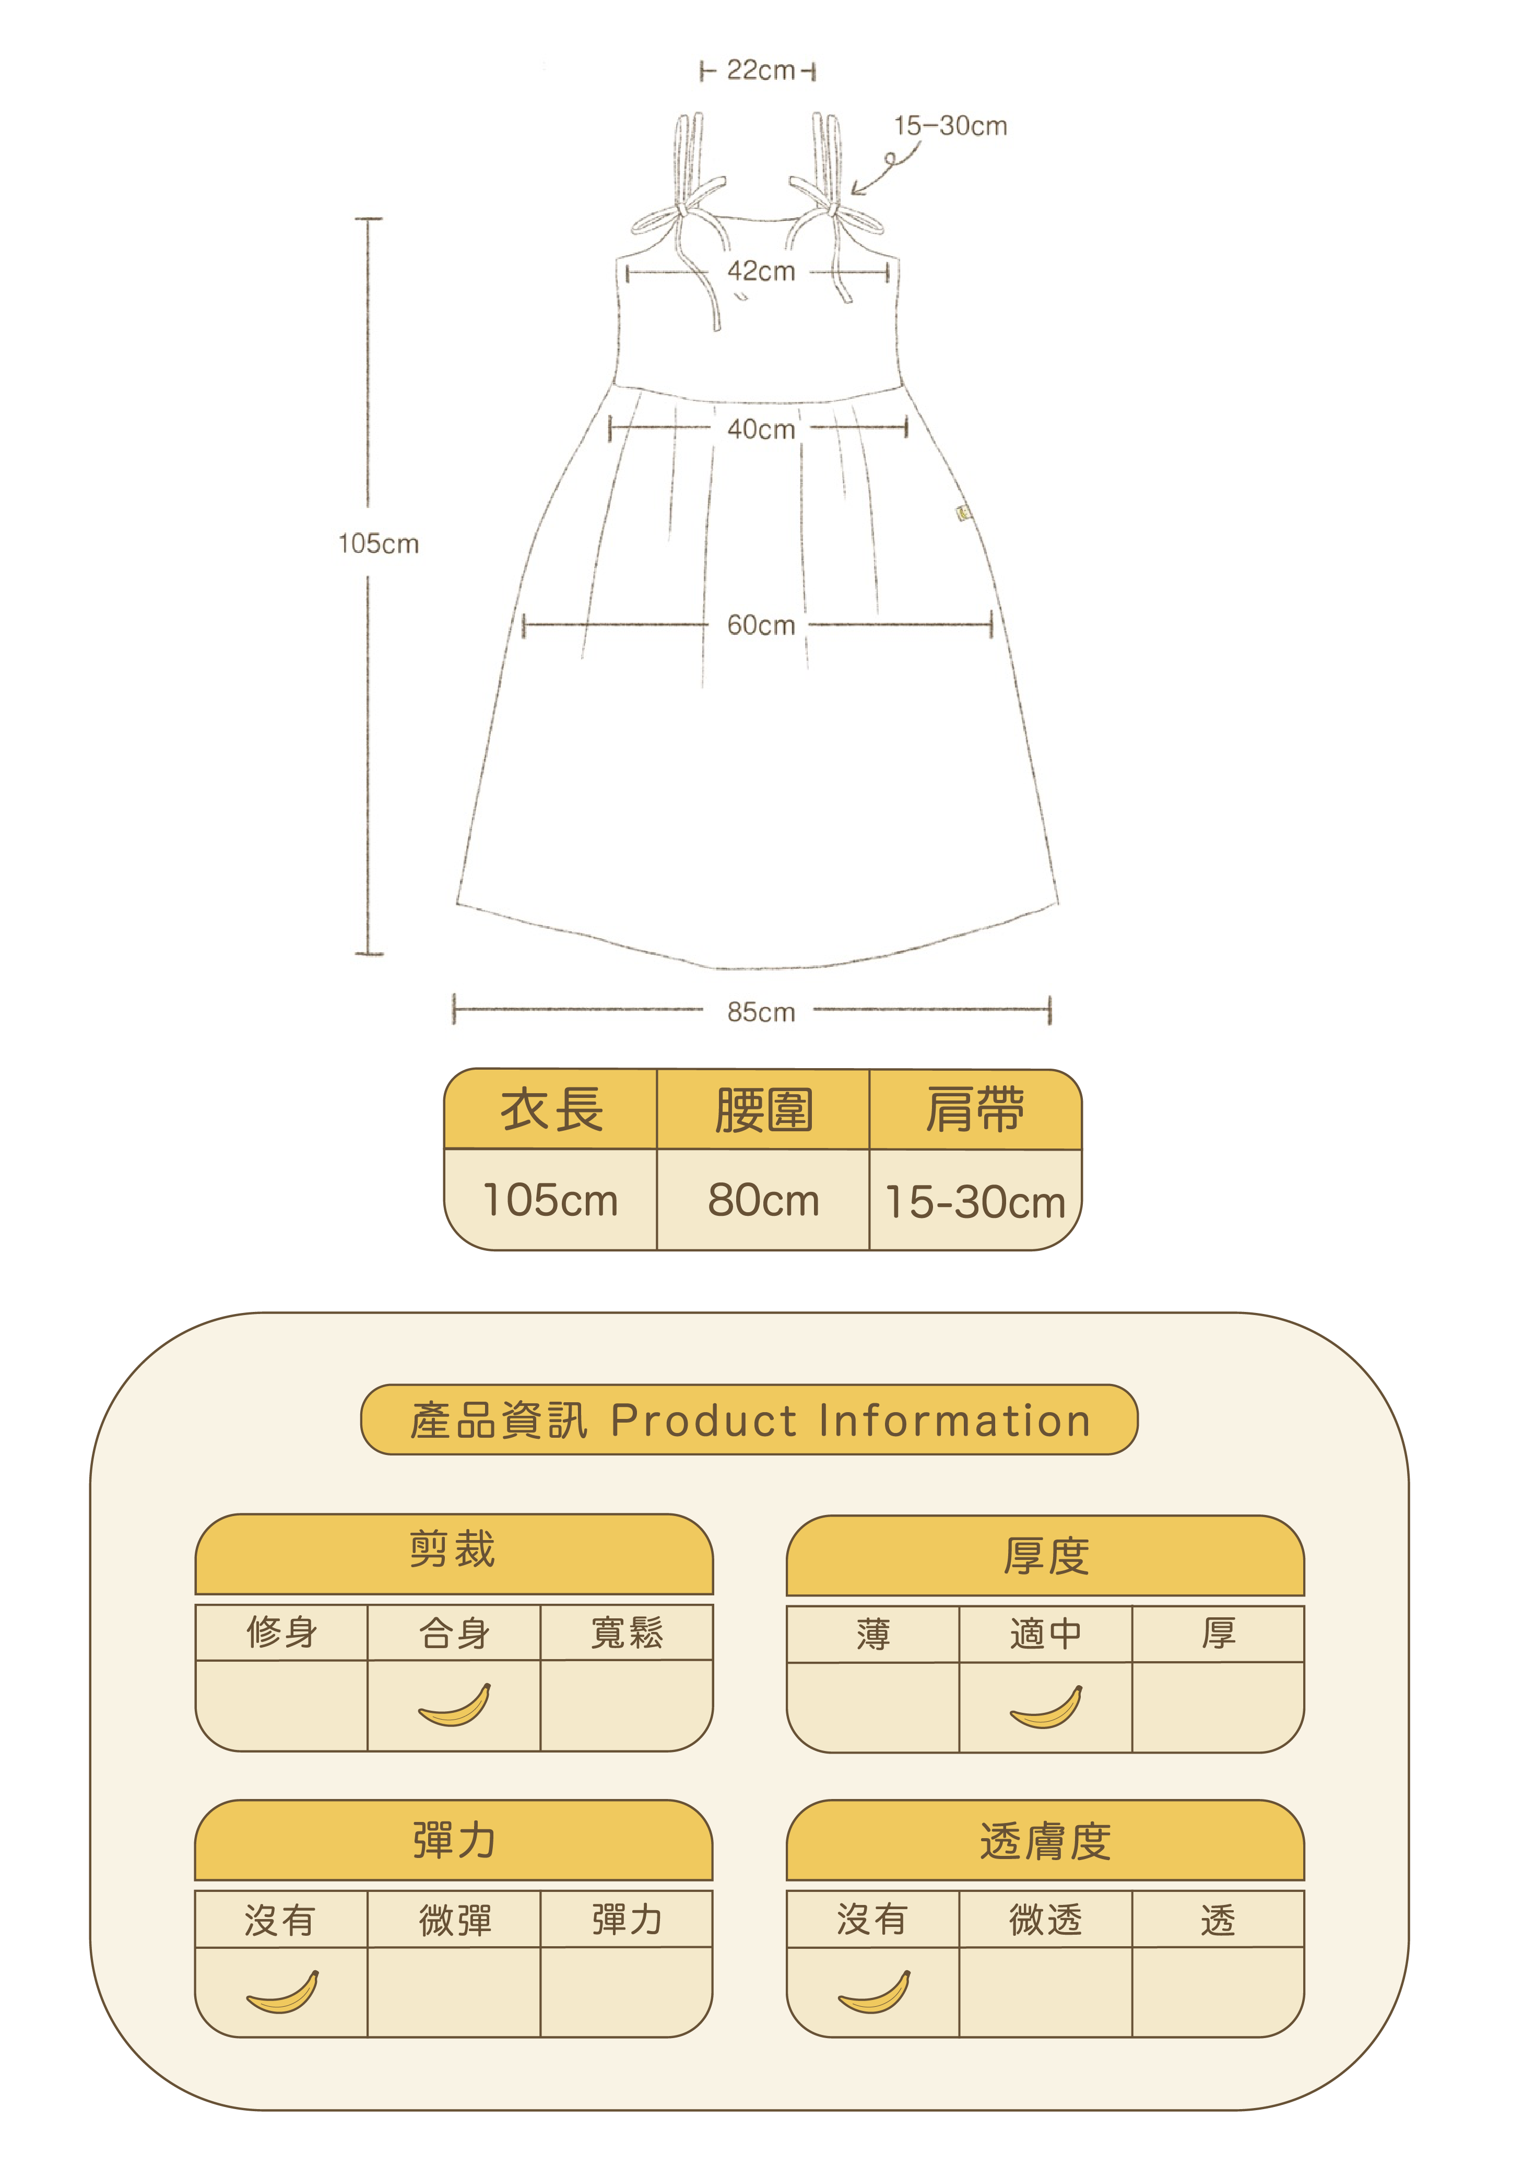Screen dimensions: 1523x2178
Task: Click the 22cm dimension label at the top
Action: (x=760, y=70)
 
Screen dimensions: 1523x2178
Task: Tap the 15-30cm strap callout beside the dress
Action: (x=950, y=126)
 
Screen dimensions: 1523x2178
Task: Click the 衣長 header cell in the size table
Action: (x=551, y=1110)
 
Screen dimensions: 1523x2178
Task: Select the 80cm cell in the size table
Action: (x=763, y=1201)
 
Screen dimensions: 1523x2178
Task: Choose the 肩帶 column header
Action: (x=975, y=1110)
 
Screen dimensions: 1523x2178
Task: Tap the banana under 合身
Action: (x=455, y=1704)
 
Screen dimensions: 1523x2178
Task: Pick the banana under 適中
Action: (x=1046, y=1707)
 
